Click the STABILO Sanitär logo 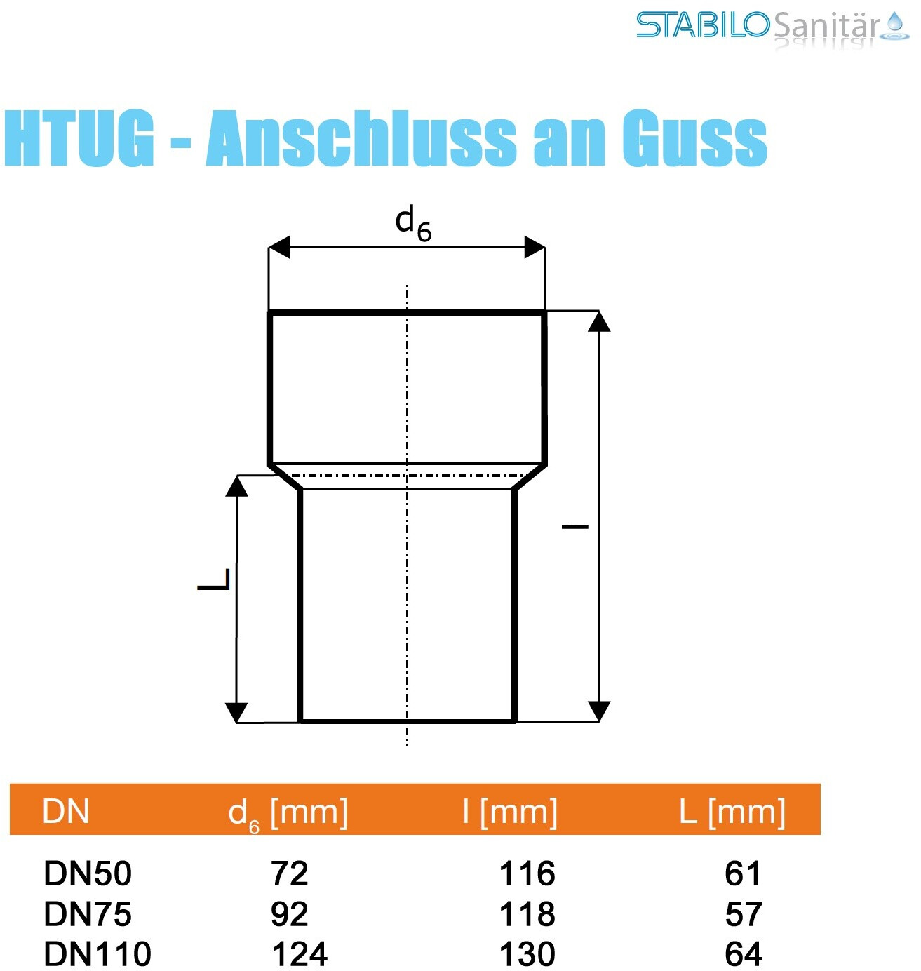[x=772, y=27]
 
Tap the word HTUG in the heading [x=79, y=138]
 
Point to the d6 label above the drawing [x=412, y=222]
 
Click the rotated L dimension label [x=215, y=580]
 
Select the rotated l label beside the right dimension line [x=575, y=526]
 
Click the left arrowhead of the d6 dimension [x=279, y=247]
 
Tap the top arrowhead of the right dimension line [x=598, y=321]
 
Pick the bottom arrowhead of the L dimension [x=236, y=711]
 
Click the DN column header [x=66, y=812]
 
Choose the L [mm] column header [x=732, y=812]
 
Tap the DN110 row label [x=98, y=954]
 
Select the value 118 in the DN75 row [x=527, y=914]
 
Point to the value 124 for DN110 [x=300, y=954]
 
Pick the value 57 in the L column [x=743, y=914]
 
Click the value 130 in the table [x=527, y=954]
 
